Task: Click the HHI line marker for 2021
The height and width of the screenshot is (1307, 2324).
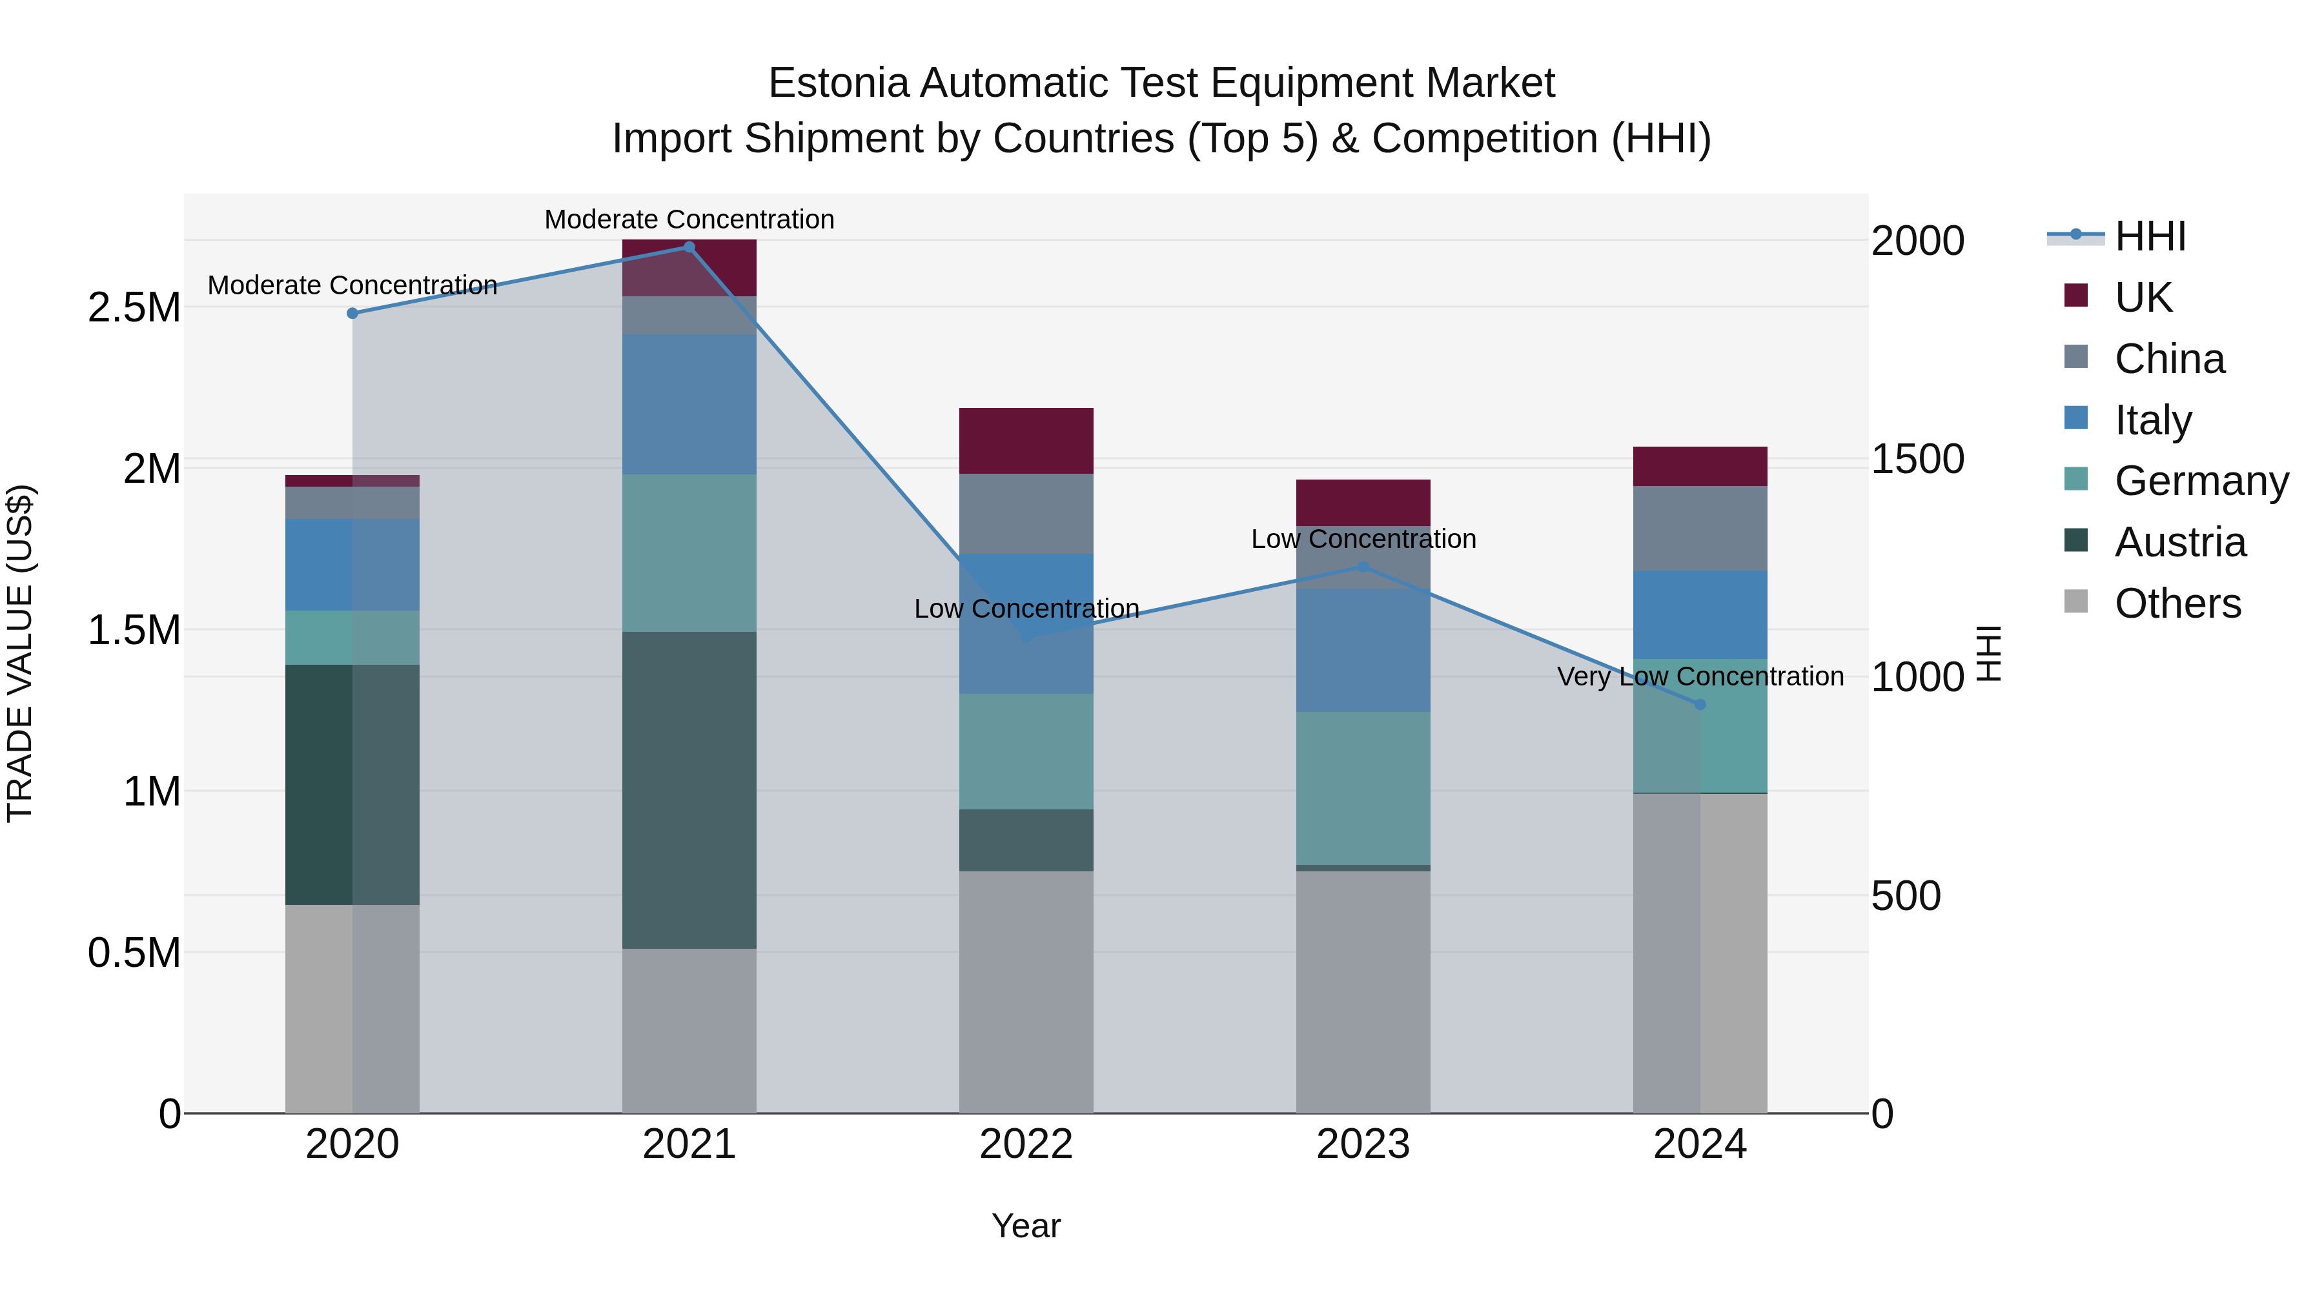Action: pyautogui.click(x=689, y=247)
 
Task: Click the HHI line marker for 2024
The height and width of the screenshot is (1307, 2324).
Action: pyautogui.click(x=1700, y=704)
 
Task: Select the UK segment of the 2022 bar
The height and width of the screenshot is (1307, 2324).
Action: pyautogui.click(x=1026, y=441)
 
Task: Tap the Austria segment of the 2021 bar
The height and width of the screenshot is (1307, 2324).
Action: pyautogui.click(x=689, y=790)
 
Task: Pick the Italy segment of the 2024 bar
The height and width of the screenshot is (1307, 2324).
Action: pyautogui.click(x=1700, y=615)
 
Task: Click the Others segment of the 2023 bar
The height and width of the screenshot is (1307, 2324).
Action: pyautogui.click(x=1363, y=992)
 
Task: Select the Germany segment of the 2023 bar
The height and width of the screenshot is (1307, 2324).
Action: pyautogui.click(x=1363, y=788)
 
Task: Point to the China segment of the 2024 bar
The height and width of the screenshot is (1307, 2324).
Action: pyautogui.click(x=1700, y=529)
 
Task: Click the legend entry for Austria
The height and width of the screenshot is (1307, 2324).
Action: pyautogui.click(x=2179, y=542)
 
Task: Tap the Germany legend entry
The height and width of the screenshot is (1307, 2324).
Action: pyautogui.click(x=2201, y=481)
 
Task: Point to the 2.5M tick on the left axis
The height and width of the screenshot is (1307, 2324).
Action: pyautogui.click(x=134, y=308)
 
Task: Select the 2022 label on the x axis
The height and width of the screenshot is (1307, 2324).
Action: pyautogui.click(x=1026, y=1144)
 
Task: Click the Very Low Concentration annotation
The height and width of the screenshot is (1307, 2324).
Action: pyautogui.click(x=1700, y=676)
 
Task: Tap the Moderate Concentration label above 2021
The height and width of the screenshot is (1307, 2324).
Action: pyautogui.click(x=689, y=219)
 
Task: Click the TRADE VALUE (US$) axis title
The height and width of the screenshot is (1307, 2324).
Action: pyautogui.click(x=20, y=653)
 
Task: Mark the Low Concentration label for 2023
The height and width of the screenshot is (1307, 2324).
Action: pyautogui.click(x=1363, y=540)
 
